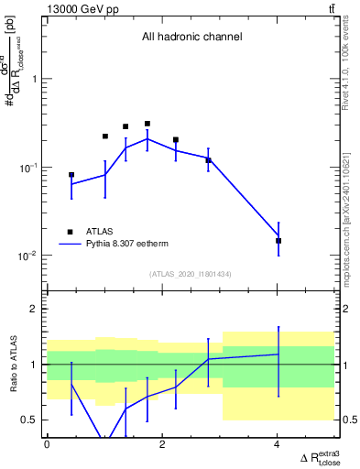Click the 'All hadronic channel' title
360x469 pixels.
(191, 38)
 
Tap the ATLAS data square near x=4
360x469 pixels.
(278, 241)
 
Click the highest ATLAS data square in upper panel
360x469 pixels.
(147, 124)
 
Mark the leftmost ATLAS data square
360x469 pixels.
(71, 175)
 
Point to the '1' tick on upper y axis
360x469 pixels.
(36, 79)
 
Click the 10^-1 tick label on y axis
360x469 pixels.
(29, 168)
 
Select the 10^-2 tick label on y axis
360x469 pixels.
(29, 256)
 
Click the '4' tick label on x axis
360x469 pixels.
(278, 444)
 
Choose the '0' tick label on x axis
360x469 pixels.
(48, 444)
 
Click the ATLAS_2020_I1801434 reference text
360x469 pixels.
(192, 273)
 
